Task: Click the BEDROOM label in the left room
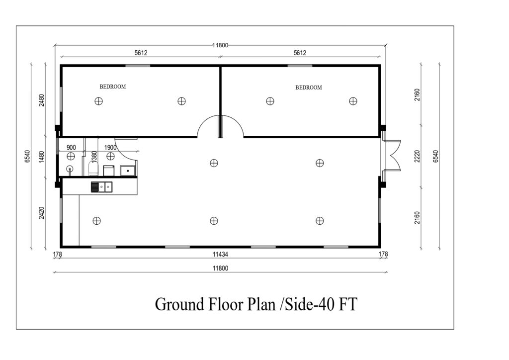click(x=113, y=87)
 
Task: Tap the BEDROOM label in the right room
click(x=308, y=88)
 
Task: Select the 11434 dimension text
click(x=220, y=255)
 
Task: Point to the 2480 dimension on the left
click(x=42, y=100)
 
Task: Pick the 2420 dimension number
click(x=42, y=213)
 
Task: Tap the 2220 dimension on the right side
click(x=418, y=156)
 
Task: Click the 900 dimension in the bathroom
click(x=71, y=148)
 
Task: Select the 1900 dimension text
click(x=110, y=148)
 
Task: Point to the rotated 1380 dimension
click(x=94, y=157)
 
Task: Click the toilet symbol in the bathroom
click(x=93, y=168)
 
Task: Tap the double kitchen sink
click(x=101, y=187)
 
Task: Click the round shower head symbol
click(x=70, y=170)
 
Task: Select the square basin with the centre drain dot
click(x=128, y=171)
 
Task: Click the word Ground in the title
click(x=179, y=304)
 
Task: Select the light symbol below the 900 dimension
click(x=71, y=157)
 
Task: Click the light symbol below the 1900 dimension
click(x=110, y=157)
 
